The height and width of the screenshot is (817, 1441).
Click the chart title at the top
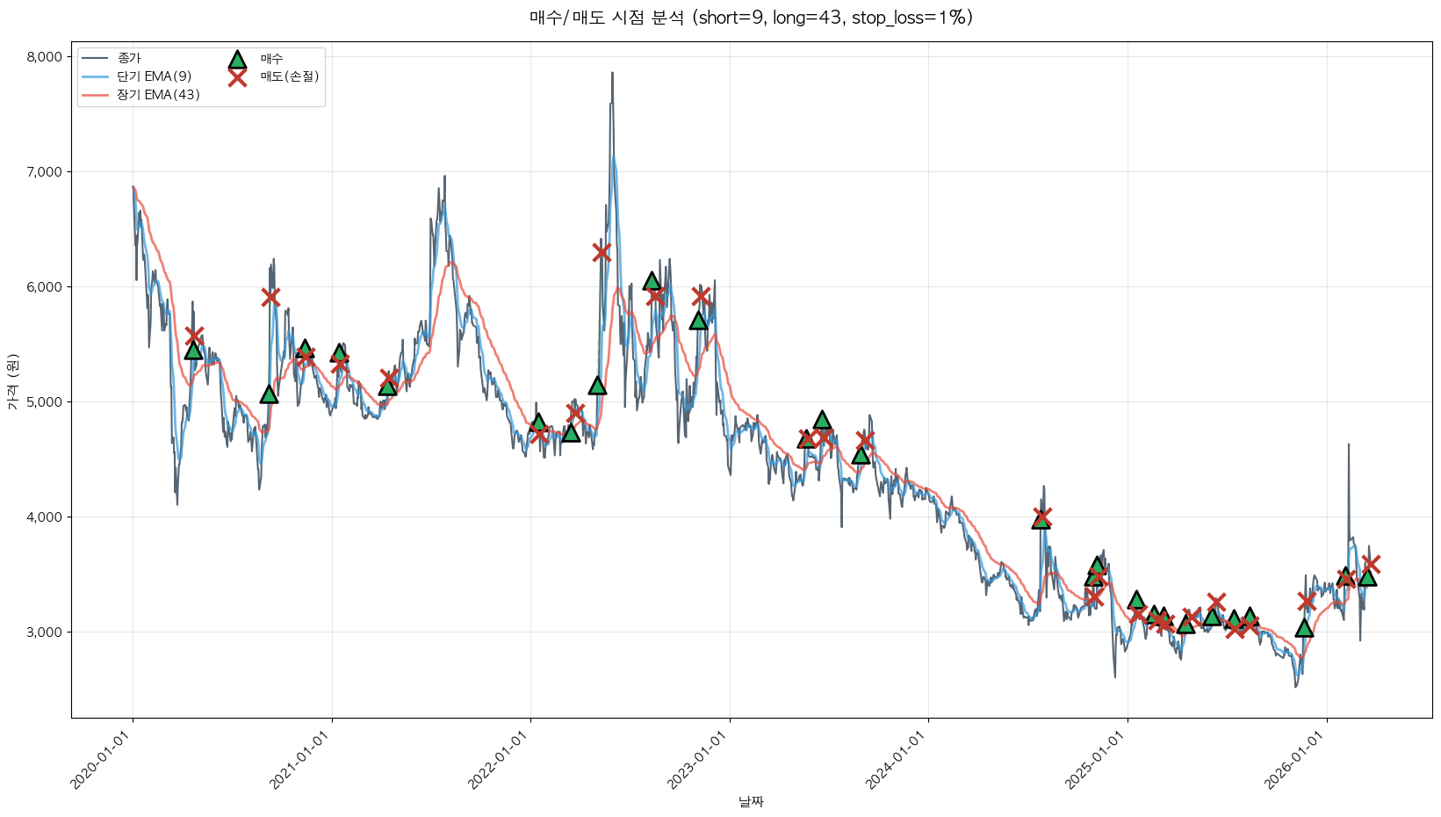[x=751, y=18]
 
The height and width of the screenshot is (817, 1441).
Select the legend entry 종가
[x=129, y=58]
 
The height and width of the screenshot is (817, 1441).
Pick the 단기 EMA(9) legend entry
[x=154, y=76]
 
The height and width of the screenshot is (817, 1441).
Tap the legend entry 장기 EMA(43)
[x=158, y=95]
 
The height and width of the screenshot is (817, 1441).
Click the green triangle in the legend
[x=237, y=60]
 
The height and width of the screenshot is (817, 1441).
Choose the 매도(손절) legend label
[x=289, y=76]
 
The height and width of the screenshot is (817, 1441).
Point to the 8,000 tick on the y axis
[x=45, y=57]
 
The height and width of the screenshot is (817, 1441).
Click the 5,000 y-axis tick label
[x=45, y=402]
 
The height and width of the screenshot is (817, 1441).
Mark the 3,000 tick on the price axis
[x=45, y=633]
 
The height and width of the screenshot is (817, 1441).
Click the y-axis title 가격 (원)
[x=12, y=382]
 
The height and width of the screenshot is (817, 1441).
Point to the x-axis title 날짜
[x=751, y=801]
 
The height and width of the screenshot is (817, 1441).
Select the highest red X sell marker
[x=602, y=253]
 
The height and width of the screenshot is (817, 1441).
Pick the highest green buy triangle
[x=652, y=281]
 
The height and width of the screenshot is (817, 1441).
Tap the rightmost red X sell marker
[x=1371, y=564]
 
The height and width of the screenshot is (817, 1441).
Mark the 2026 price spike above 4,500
[x=1348, y=446]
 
